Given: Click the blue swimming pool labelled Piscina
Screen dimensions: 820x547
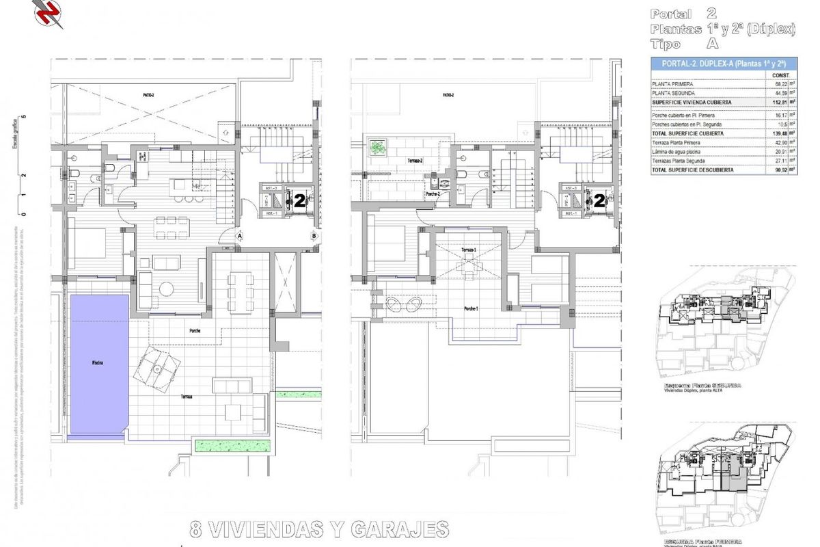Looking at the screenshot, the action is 99,364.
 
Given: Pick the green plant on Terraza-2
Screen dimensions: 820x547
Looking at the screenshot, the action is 377,146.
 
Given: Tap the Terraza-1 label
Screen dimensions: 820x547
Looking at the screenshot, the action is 468,250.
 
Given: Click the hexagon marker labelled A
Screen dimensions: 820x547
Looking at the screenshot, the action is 241,236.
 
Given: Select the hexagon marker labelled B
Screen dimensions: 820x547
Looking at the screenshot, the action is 314,236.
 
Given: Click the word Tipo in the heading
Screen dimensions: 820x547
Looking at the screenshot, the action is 666,44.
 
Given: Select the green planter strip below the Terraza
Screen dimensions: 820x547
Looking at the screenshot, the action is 232,446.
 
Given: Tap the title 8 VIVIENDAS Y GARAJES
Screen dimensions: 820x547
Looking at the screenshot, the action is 319,529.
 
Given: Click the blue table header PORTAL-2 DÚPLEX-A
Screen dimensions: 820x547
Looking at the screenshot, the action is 723,63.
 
